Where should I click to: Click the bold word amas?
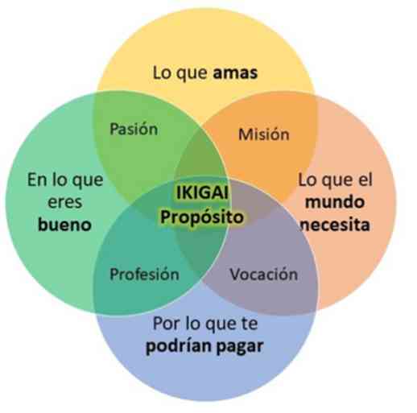coord(235,73)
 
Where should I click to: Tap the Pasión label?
coord(134,129)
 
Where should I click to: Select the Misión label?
coord(264,134)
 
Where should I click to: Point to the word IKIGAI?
coord(202,192)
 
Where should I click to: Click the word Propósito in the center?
coord(202,217)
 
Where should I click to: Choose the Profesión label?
coord(144,275)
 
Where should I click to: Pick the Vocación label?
coord(264,275)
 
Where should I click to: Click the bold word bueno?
coord(64,225)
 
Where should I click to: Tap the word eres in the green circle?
coord(64,203)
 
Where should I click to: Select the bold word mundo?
coord(335,202)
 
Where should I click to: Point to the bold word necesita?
coord(336,225)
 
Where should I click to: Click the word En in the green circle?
coord(37,180)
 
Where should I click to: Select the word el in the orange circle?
coord(366,180)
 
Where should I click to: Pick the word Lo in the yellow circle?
coord(163,73)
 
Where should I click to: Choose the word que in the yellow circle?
coord(192,74)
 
